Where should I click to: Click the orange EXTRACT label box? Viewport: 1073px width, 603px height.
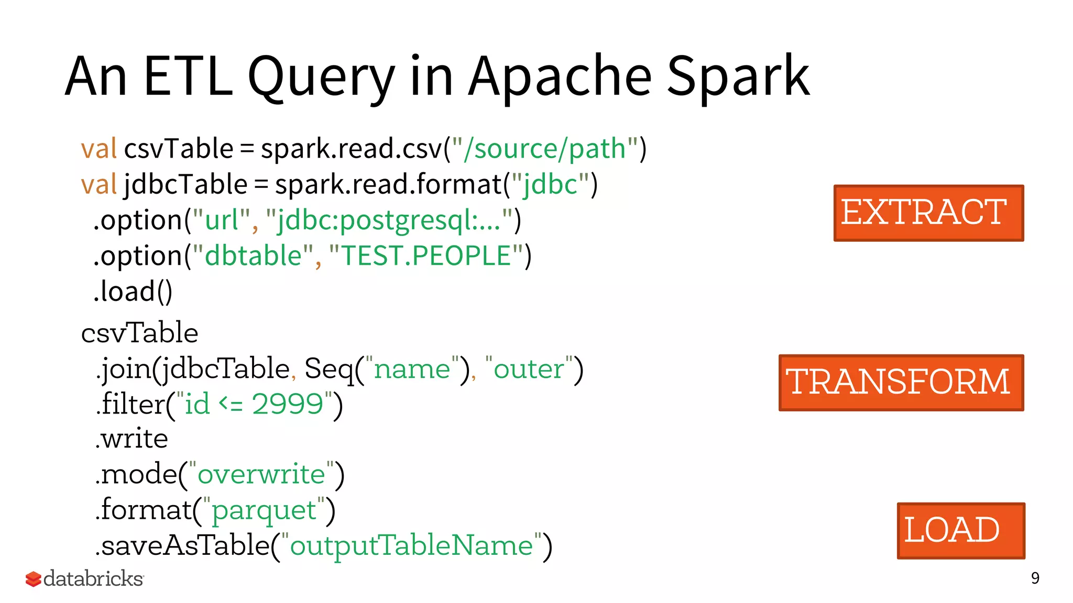pyautogui.click(x=928, y=213)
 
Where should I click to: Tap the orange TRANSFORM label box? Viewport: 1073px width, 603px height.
pyautogui.click(x=901, y=383)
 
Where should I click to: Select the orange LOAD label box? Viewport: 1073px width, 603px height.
pyautogui.click(x=960, y=530)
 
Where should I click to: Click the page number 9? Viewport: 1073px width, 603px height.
pyautogui.click(x=1035, y=578)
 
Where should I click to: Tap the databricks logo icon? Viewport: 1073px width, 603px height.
pyautogui.click(x=33, y=579)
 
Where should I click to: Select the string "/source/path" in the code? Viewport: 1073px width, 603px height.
pyautogui.click(x=545, y=149)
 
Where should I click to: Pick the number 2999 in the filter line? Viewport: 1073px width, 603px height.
pyautogui.click(x=288, y=404)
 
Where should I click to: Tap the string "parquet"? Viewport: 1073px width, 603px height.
pyautogui.click(x=264, y=510)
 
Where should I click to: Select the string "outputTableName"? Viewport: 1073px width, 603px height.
pyautogui.click(x=412, y=545)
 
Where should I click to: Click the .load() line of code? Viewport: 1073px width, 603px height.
pyautogui.click(x=133, y=292)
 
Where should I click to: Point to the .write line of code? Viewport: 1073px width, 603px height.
pyautogui.click(x=132, y=439)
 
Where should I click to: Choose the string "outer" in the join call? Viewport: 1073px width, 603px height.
pyautogui.click(x=528, y=369)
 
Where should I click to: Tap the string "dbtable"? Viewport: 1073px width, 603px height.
pyautogui.click(x=253, y=256)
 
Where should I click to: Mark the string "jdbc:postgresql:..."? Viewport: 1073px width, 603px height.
pyautogui.click(x=389, y=220)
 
